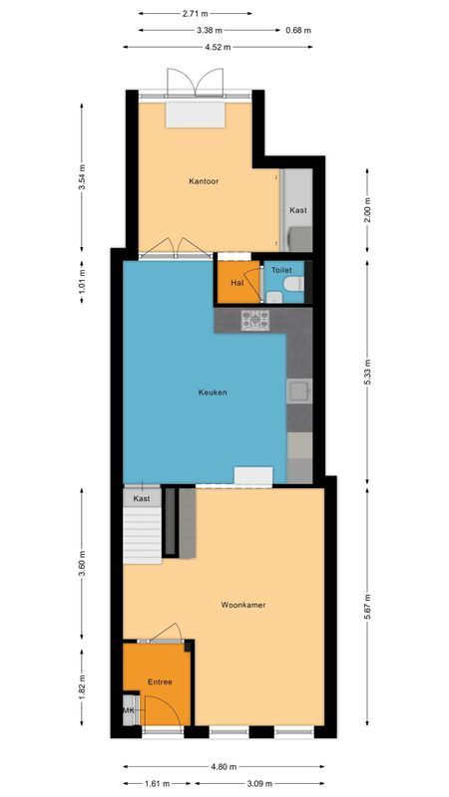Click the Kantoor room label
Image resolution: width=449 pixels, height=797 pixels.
tap(204, 181)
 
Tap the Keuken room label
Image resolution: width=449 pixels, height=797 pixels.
tap(212, 393)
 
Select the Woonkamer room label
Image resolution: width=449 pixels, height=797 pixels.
tap(242, 605)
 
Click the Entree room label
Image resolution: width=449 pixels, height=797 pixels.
tap(160, 682)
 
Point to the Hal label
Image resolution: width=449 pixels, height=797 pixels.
tap(236, 282)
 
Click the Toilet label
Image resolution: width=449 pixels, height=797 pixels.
tap(280, 270)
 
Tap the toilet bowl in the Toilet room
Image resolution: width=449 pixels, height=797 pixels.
tap(290, 286)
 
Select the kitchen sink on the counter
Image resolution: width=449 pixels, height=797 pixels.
tap(299, 392)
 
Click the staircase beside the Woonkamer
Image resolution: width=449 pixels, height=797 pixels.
tap(142, 534)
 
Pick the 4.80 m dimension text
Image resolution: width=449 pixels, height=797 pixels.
tap(224, 767)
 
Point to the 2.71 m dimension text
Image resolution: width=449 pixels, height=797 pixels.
tap(196, 14)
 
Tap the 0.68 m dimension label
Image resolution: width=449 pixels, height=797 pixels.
tap(298, 30)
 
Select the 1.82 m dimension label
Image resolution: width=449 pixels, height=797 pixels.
tap(82, 687)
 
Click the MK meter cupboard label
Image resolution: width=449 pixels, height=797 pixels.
tap(130, 710)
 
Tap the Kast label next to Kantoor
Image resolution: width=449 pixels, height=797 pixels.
tap(298, 211)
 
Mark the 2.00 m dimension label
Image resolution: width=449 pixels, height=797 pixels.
tap(368, 210)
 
